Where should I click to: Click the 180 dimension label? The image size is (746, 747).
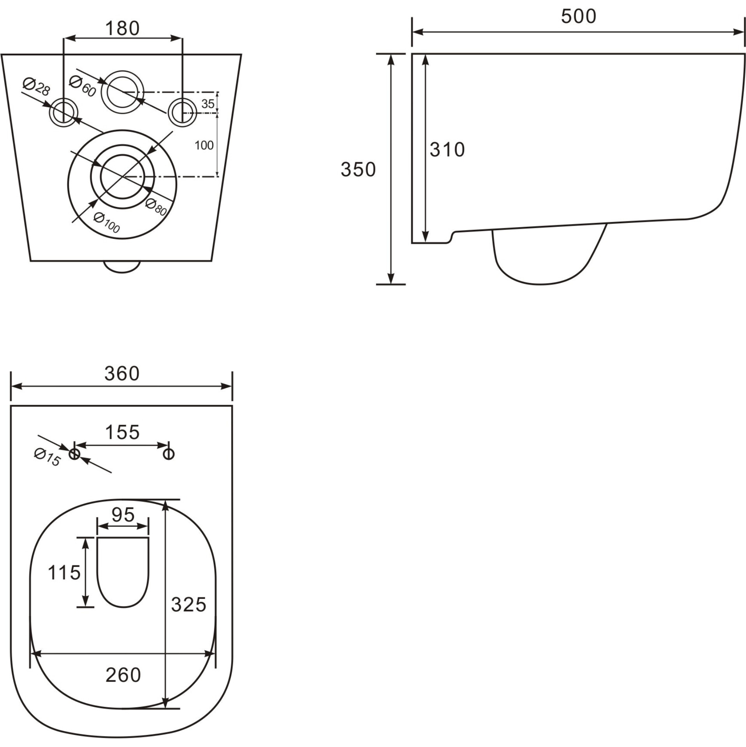coord(122,28)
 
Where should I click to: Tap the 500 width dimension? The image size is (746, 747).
coord(578,16)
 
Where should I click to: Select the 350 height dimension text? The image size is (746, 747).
coord(358,170)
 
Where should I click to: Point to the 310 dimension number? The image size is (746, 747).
coord(447,150)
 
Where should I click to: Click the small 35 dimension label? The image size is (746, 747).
coord(208,104)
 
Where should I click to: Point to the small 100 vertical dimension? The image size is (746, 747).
coord(204,145)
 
